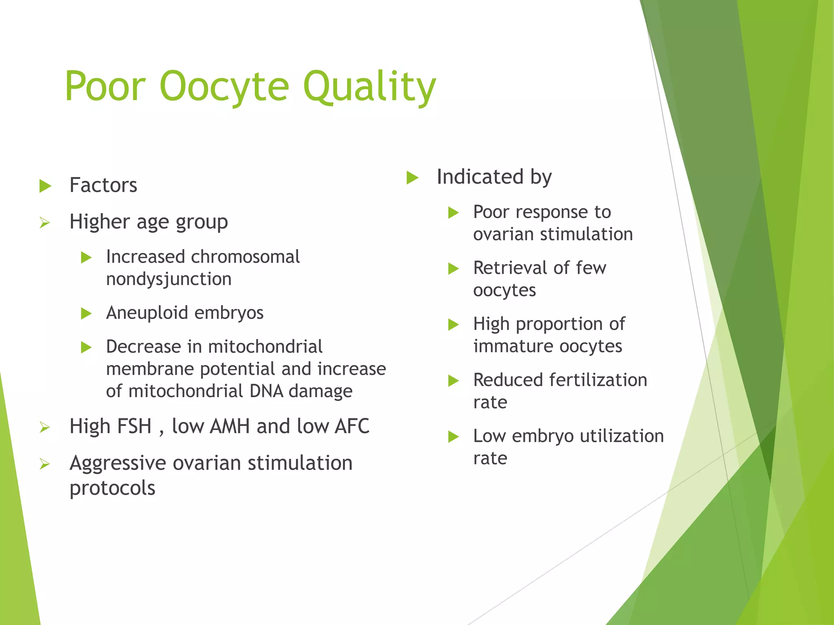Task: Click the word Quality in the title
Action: [x=369, y=86]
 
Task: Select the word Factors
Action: [x=103, y=185]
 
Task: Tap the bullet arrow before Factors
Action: [x=45, y=186]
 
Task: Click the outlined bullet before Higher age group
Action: [x=45, y=223]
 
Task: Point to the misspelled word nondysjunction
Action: [x=169, y=279]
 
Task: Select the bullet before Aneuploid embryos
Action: [x=86, y=314]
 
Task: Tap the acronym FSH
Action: [x=110, y=426]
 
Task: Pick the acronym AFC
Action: [x=352, y=426]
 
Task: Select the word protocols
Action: [x=112, y=488]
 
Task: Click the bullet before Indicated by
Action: [x=413, y=178]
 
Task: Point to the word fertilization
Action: [x=598, y=380]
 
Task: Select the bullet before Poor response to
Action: [x=453, y=213]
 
